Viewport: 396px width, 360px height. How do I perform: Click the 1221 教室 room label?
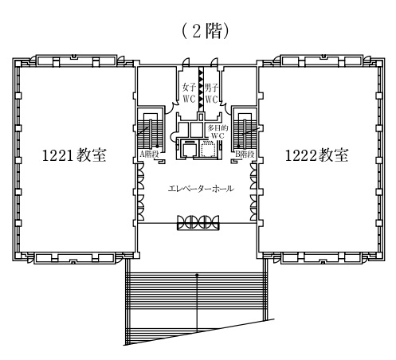(74, 155)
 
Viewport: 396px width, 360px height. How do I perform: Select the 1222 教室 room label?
(316, 155)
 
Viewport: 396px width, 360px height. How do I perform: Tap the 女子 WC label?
(189, 93)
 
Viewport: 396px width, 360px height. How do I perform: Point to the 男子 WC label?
(211, 93)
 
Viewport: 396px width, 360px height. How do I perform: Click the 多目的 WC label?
(218, 132)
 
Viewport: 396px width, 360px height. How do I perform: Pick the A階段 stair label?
(149, 155)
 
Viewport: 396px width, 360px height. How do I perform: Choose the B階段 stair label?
(245, 155)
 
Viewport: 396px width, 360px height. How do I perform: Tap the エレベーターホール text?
(201, 189)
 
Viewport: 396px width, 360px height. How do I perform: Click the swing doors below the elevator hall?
(198, 222)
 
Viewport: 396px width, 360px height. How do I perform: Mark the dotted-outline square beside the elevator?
(208, 150)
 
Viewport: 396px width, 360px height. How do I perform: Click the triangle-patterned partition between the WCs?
(202, 89)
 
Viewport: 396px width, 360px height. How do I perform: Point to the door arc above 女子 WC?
(186, 61)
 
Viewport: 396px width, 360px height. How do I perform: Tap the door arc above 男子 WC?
(214, 61)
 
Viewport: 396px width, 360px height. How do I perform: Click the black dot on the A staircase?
(157, 146)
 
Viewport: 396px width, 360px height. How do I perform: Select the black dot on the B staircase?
(238, 146)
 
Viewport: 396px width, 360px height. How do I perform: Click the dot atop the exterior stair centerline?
(197, 275)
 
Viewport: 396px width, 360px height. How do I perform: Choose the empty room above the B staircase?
(240, 85)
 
